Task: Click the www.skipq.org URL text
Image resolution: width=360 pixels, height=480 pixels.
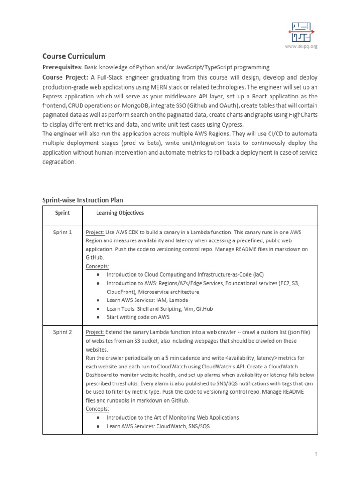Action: point(301,46)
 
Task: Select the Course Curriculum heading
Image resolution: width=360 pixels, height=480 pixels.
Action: point(74,56)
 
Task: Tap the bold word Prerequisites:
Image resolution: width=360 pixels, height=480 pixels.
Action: point(63,67)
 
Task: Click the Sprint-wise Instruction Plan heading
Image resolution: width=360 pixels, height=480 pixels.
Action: point(82,200)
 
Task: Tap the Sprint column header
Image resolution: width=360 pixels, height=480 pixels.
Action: point(62,213)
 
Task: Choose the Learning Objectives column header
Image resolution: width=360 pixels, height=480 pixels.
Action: point(120,213)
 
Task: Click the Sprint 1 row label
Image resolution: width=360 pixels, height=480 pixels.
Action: point(62,232)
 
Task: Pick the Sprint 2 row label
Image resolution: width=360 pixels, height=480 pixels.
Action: point(62,332)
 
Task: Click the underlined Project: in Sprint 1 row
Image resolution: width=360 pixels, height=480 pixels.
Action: point(95,232)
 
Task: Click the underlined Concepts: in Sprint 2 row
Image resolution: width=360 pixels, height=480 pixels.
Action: point(97,409)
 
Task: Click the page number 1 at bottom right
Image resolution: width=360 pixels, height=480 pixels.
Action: point(317,454)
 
